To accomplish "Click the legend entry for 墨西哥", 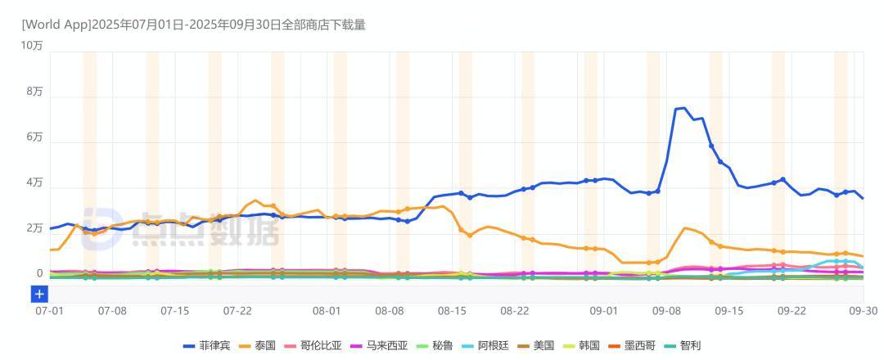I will [x=638, y=346].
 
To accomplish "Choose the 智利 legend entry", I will [x=689, y=346].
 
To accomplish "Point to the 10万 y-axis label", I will [x=32, y=46].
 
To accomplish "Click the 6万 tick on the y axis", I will [x=34, y=137].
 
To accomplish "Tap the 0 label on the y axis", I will [x=39, y=274].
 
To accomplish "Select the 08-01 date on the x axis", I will [x=327, y=312].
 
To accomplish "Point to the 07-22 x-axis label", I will [x=237, y=312].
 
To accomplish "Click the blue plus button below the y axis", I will [x=39, y=294].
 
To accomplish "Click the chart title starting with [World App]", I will [x=193, y=25].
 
